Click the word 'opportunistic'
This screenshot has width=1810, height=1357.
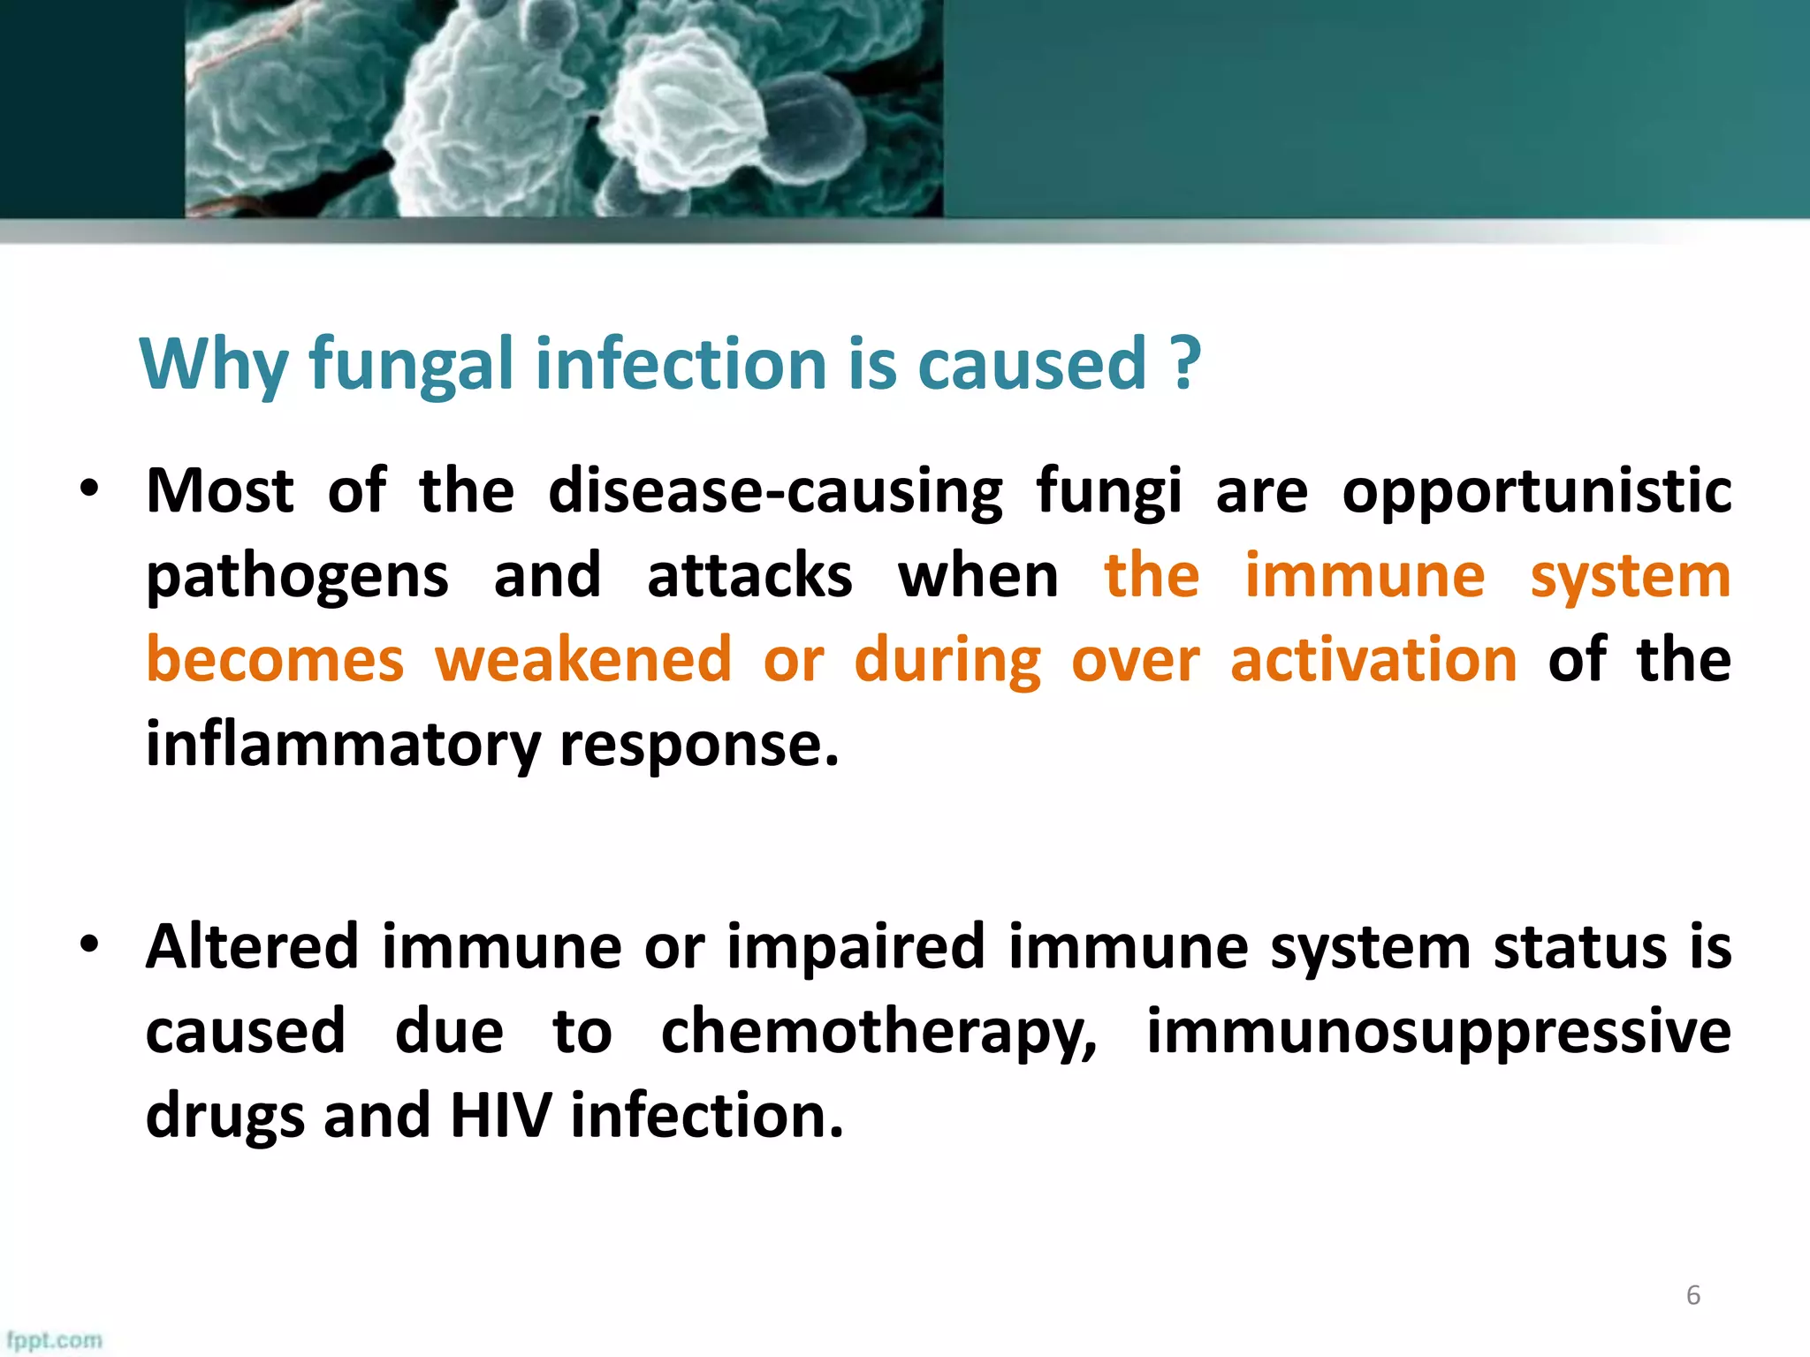[1536, 491]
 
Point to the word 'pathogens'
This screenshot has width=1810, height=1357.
[297, 578]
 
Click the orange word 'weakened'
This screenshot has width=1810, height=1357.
[583, 660]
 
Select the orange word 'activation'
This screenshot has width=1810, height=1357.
[1373, 660]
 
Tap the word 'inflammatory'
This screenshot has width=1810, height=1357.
[342, 745]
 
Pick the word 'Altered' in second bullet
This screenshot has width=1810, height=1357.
[252, 947]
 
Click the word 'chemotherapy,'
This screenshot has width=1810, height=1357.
[879, 1033]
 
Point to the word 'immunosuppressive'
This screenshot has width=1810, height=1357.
[1438, 1031]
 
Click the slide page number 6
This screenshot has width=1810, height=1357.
[1692, 1295]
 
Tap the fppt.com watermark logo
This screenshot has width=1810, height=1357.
[54, 1340]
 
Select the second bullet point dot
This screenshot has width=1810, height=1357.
[88, 945]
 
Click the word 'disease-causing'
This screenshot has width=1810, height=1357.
[775, 491]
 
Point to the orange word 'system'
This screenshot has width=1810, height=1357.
[1631, 578]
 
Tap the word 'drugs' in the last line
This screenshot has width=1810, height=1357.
[224, 1116]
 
